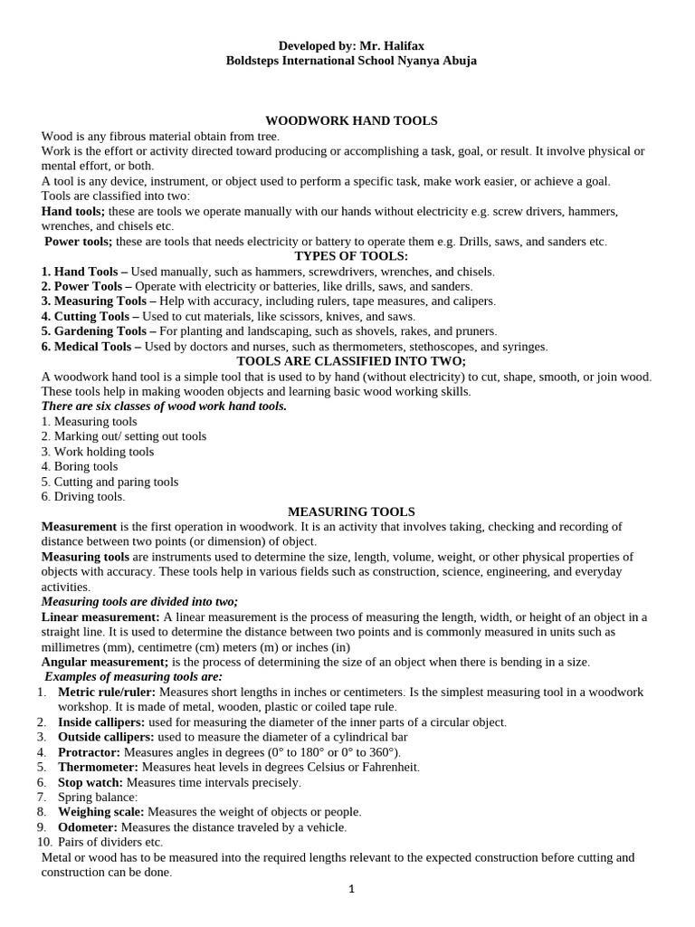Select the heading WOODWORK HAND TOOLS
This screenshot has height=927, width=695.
pyautogui.click(x=351, y=120)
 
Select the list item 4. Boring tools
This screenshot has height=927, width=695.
pyautogui.click(x=80, y=466)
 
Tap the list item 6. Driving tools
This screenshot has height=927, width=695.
pyautogui.click(x=83, y=496)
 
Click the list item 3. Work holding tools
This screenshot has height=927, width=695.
pyautogui.click(x=98, y=451)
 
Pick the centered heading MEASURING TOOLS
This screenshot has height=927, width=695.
pyautogui.click(x=351, y=511)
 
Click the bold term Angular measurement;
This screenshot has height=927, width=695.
pyautogui.click(x=105, y=662)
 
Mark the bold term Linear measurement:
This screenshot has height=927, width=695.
pyautogui.click(x=100, y=616)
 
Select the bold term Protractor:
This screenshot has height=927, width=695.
pyautogui.click(x=90, y=752)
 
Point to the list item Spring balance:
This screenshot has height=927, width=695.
pyautogui.click(x=97, y=797)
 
